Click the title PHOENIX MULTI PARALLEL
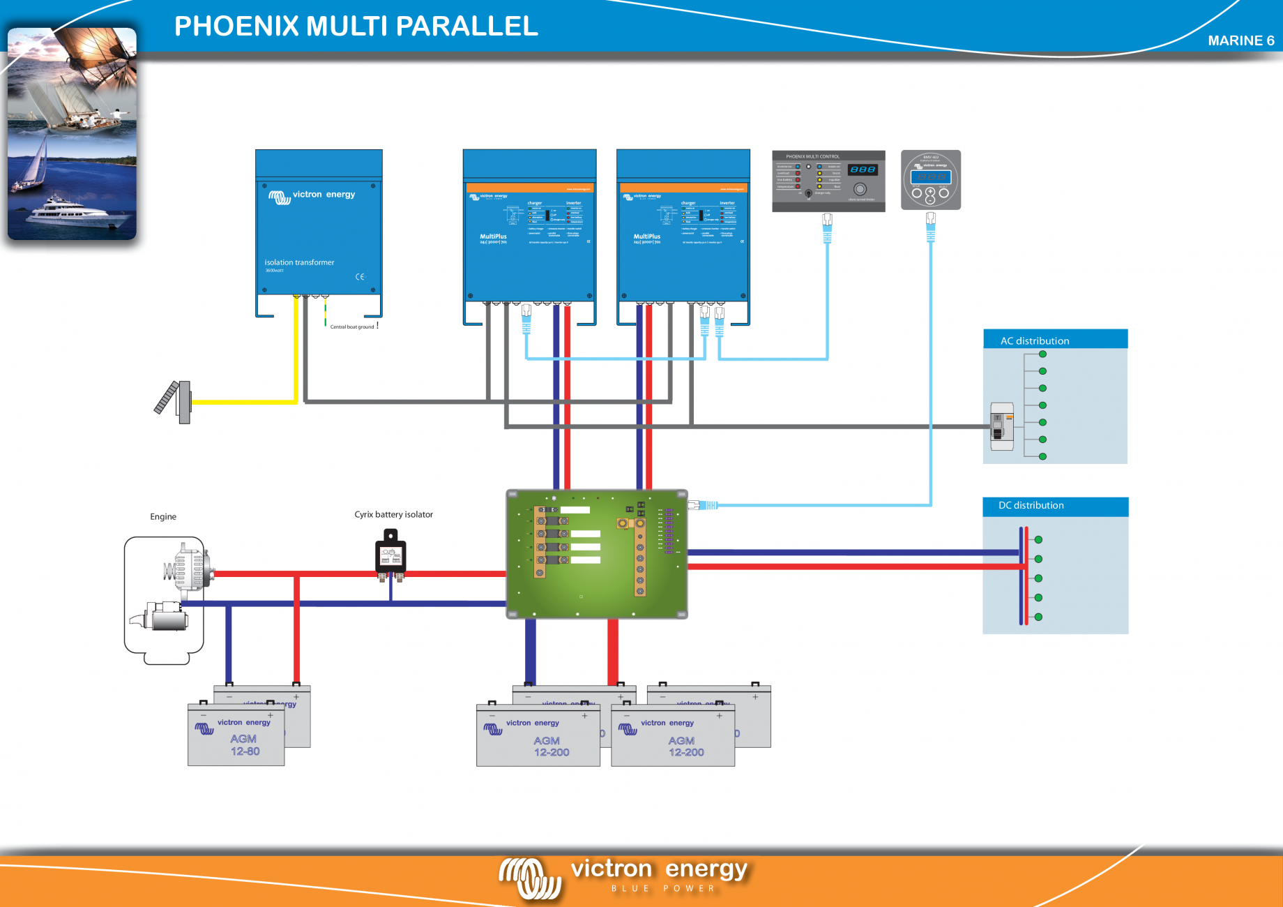tap(356, 27)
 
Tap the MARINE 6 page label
tap(1240, 40)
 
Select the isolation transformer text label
tap(299, 262)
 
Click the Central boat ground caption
tap(352, 327)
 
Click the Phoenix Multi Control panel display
tap(863, 170)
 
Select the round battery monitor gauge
tap(930, 180)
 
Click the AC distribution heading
tap(1035, 340)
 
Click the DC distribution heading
tap(1031, 505)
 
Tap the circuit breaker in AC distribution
tap(1002, 426)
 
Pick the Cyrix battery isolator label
tap(393, 514)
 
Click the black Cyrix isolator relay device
tap(390, 555)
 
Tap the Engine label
tap(163, 516)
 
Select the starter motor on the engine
tap(164, 617)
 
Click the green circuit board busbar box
tap(596, 554)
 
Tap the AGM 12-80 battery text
tap(245, 745)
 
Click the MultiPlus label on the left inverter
tap(493, 237)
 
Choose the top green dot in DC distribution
tap(1038, 539)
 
